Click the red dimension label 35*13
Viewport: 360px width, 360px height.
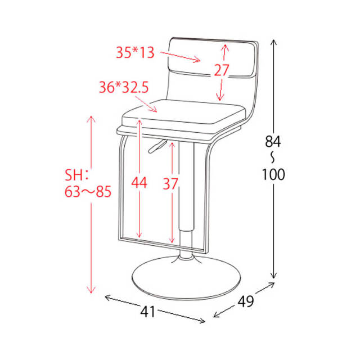(135, 52)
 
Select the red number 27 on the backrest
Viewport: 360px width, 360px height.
(222, 70)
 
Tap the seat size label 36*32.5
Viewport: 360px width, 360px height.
(124, 88)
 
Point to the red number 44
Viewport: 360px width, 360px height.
(139, 183)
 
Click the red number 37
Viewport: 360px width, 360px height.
(170, 183)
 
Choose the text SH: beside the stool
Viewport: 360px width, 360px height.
(76, 175)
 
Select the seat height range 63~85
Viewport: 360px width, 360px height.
(88, 191)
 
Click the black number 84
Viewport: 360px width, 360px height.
(273, 141)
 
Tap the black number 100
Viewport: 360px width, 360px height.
(273, 174)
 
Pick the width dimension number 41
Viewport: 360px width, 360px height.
(148, 312)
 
